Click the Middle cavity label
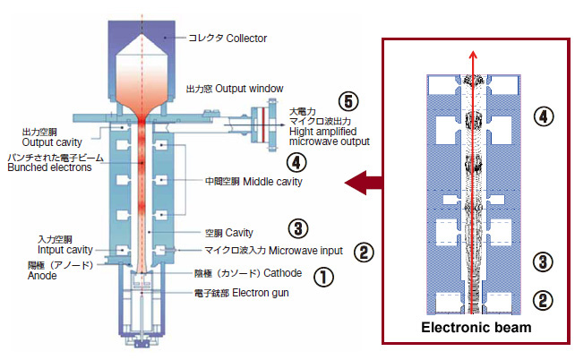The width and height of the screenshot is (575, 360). tap(253, 181)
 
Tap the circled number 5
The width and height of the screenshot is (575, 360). tap(349, 101)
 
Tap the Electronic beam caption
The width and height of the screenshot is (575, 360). tap(476, 328)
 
